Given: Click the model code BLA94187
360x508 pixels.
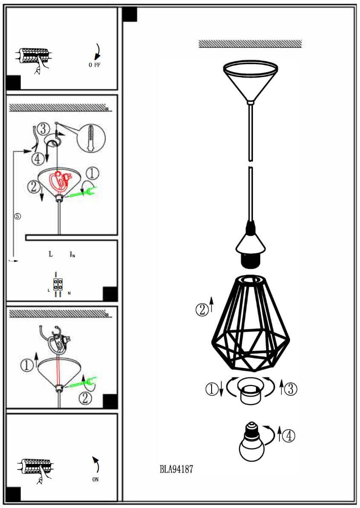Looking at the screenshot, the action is click(176, 469).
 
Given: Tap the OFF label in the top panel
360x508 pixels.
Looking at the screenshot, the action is click(95, 65).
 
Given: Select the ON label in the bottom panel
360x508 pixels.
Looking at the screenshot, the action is click(95, 479).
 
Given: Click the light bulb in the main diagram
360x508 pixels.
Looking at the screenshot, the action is click(252, 441).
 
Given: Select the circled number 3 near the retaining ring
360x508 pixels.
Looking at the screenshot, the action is click(290, 389).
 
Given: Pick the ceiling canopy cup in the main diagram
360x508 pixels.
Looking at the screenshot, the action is click(250, 81).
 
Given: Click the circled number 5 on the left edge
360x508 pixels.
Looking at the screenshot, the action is click(18, 216).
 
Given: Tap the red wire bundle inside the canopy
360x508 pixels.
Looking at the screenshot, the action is click(61, 182).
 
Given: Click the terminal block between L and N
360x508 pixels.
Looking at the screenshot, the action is click(58, 284).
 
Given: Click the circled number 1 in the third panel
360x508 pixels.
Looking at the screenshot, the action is click(27, 365).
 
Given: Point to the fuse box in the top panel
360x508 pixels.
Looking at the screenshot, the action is click(33, 56).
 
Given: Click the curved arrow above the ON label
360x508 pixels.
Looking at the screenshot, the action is click(96, 464).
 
